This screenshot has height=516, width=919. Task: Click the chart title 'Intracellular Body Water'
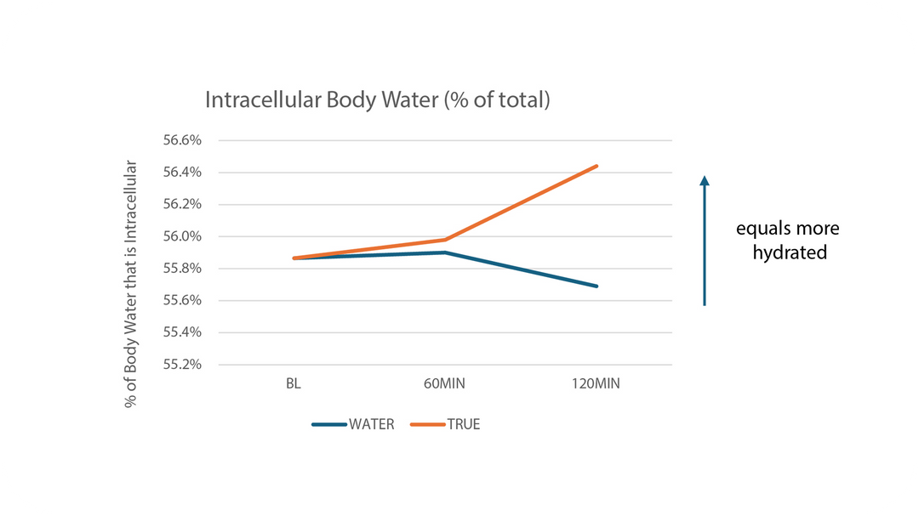(377, 100)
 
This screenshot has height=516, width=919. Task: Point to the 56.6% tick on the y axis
(182, 140)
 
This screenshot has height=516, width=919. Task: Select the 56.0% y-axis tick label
(182, 236)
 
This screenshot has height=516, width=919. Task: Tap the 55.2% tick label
(182, 365)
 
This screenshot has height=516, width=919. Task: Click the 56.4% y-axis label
(182, 173)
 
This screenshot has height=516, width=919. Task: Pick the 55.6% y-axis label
(182, 300)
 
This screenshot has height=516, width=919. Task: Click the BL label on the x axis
(294, 384)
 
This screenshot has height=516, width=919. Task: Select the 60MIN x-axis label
(445, 384)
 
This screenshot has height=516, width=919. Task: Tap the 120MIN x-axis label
(596, 384)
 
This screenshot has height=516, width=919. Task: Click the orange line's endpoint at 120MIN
(597, 166)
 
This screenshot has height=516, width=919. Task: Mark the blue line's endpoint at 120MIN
(597, 286)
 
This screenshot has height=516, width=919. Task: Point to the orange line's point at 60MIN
(445, 240)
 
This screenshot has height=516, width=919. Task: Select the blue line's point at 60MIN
(445, 252)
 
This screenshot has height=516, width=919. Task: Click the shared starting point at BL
(294, 258)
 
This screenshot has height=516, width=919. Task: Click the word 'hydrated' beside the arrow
(789, 252)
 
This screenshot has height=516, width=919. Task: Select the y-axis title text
(131, 283)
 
